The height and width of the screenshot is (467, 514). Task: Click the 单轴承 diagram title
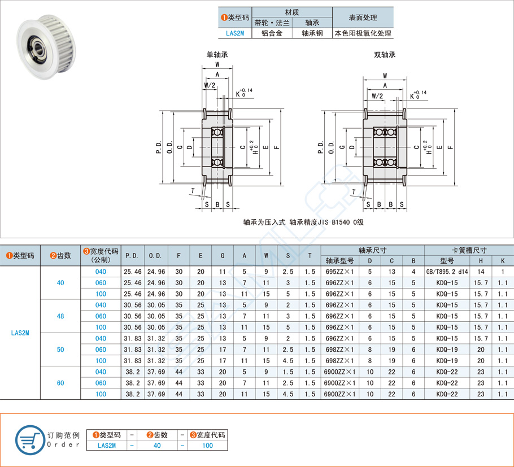[217, 55]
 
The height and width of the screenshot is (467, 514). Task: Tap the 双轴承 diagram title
[385, 55]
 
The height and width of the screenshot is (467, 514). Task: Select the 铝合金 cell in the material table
[271, 33]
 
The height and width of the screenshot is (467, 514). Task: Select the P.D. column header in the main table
[132, 256]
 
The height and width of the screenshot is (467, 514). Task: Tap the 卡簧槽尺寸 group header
[468, 250]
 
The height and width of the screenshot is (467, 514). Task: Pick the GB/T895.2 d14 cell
[447, 272]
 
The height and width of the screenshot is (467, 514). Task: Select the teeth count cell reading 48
[60, 316]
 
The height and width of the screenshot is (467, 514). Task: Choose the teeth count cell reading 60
[60, 383]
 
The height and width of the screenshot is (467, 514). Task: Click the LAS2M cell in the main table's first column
[20, 333]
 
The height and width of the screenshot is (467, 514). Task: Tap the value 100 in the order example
[207, 446]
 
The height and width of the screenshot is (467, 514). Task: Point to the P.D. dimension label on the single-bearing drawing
[159, 147]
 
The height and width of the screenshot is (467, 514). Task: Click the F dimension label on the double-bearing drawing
[450, 147]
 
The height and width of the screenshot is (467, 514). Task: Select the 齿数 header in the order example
[157, 435]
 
